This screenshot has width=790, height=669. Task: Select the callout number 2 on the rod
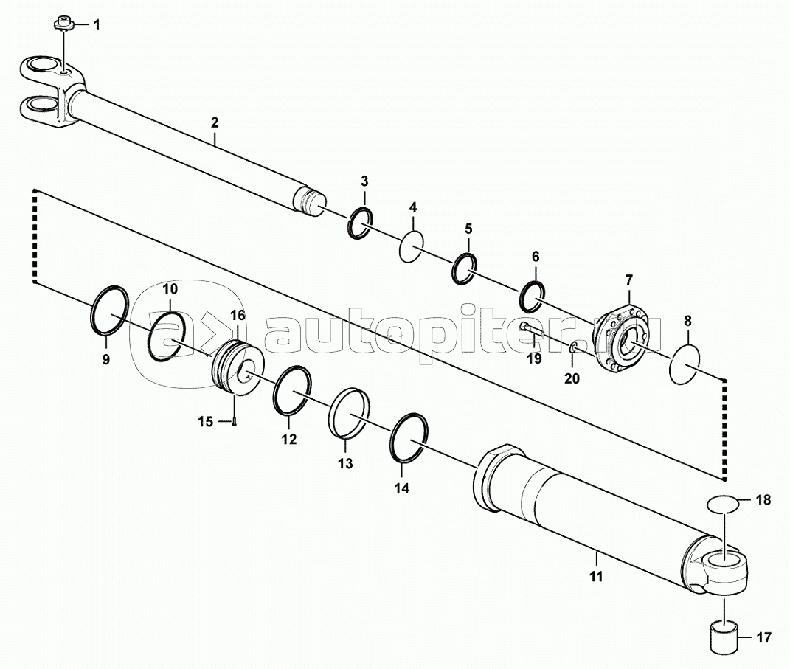tap(215, 122)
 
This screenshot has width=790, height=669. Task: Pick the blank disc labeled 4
tap(411, 246)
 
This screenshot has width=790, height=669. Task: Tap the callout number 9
tap(105, 360)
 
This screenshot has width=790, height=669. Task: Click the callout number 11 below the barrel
tap(596, 576)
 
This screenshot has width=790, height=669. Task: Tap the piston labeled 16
tap(237, 367)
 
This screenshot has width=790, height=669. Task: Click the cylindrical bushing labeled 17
tap(724, 637)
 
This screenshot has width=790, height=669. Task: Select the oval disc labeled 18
tap(723, 504)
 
